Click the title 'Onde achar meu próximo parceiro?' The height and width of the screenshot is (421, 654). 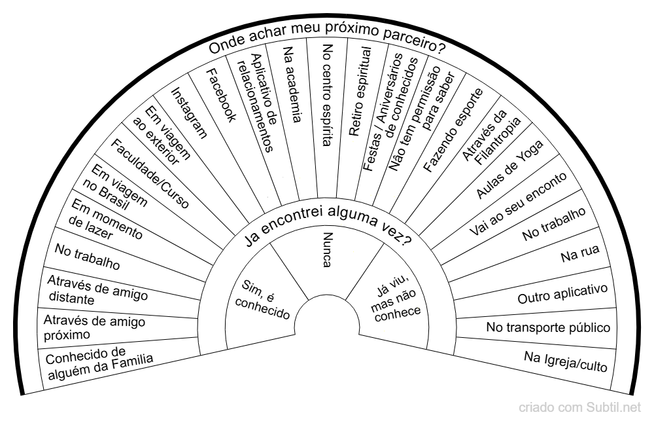point(327,48)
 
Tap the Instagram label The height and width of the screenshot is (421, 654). point(189,113)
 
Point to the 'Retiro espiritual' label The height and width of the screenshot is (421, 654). point(360,91)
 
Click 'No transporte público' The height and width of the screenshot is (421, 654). point(548,327)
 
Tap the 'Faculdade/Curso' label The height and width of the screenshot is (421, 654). point(150,174)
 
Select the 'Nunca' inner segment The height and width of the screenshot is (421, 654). point(328,249)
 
